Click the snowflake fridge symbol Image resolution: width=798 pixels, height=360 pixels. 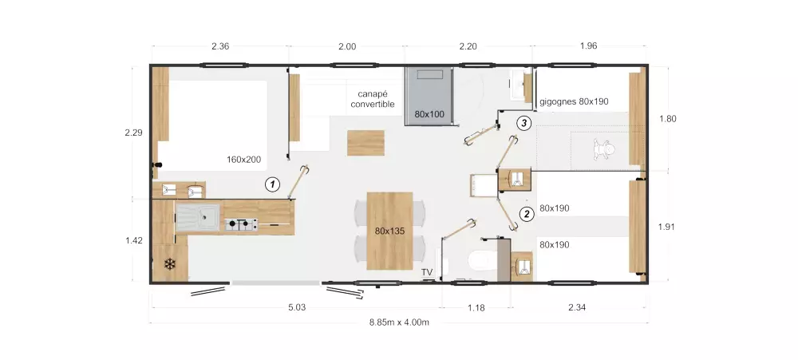tap(170, 263)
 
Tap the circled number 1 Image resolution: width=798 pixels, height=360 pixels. tap(273, 184)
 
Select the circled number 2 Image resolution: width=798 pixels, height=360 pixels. tap(526, 214)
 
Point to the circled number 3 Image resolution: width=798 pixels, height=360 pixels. tap(523, 123)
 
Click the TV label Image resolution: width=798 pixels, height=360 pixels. tap(426, 272)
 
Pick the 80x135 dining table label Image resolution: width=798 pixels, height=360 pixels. tap(390, 231)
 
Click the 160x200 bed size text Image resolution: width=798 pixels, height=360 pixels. tap(243, 160)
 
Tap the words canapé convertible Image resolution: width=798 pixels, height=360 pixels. tap(373, 99)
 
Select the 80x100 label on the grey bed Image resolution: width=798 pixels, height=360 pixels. tap(429, 114)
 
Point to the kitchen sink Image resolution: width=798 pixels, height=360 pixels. tap(198, 217)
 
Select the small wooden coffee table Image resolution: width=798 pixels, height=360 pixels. tap(366, 143)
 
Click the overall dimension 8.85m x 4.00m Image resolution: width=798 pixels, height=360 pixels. tap(399, 322)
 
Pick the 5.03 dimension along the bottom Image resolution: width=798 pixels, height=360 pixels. tap(297, 307)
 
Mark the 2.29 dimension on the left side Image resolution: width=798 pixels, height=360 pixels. tap(133, 133)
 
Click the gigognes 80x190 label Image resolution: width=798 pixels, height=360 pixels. tap(574, 101)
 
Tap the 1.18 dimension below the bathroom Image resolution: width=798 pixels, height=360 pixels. tap(476, 307)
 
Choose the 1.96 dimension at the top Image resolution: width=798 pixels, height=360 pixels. tap(588, 45)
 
